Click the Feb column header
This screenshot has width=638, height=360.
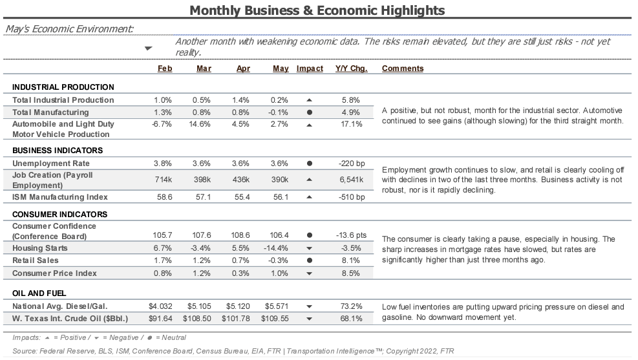coord(165,69)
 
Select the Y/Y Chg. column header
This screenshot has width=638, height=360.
coord(351,69)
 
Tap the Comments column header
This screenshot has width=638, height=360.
coord(403,69)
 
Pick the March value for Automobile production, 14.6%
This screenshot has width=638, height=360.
coord(199,124)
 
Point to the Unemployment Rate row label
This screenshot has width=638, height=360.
coord(51,164)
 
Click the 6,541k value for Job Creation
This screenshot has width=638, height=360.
coord(352,180)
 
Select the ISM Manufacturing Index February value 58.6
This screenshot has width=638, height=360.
coord(164,197)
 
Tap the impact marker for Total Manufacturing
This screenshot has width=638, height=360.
coord(309,112)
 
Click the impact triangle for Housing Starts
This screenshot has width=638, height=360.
coord(309,249)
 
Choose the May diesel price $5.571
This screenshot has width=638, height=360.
coord(276,306)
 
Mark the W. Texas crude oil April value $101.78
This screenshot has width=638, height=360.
coord(235,319)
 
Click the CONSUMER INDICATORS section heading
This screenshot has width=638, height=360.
coord(60,215)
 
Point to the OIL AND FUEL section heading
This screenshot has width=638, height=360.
coord(39,293)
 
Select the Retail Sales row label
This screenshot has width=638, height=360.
coord(36,260)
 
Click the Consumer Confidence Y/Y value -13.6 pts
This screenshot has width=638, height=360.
coord(351,235)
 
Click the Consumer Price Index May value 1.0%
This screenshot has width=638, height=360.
coord(279,273)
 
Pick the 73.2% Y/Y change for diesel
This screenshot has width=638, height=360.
coord(351,306)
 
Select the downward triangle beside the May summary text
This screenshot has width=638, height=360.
coord(149,48)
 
